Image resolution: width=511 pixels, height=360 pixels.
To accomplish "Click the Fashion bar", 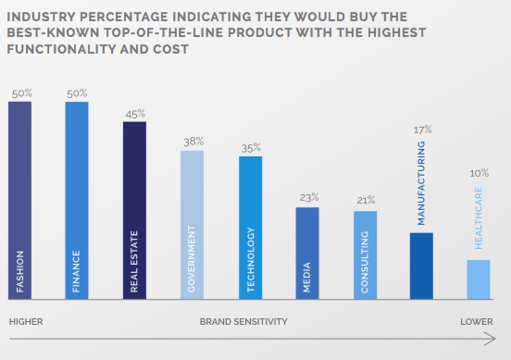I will click(x=19, y=200).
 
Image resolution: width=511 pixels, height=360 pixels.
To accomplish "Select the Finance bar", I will click(x=77, y=200).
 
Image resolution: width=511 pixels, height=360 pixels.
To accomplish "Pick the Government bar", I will click(x=192, y=224).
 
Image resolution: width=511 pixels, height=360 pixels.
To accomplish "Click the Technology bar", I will click(x=250, y=227).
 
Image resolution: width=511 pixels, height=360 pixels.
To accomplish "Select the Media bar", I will click(x=307, y=253).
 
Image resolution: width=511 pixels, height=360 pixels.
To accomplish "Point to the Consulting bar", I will click(x=365, y=254).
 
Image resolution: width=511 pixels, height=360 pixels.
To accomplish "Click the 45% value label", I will click(x=135, y=114).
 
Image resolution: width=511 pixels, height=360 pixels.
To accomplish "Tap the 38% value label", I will click(x=193, y=143).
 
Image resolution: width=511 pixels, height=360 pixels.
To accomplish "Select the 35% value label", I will click(x=250, y=148).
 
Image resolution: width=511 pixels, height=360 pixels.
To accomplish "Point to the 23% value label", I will click(x=308, y=198).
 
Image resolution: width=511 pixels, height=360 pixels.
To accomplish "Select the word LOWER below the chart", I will click(x=478, y=321).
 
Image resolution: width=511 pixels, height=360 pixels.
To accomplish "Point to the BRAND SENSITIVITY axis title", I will click(x=243, y=321).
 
